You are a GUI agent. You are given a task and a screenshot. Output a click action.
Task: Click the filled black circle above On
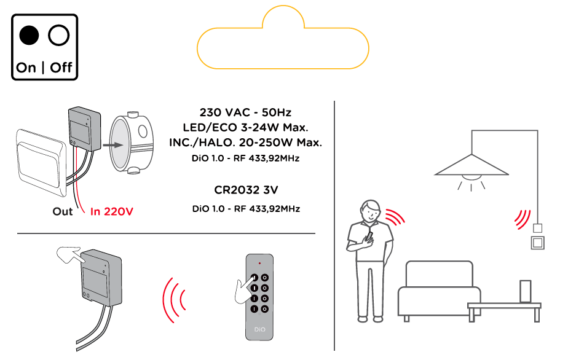(28, 36)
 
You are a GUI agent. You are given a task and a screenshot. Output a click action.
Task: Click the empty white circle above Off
(60, 36)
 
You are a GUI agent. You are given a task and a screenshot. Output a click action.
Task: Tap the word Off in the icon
(61, 67)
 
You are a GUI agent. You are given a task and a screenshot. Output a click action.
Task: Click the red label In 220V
(112, 212)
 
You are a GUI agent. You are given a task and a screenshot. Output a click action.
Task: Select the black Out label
(63, 212)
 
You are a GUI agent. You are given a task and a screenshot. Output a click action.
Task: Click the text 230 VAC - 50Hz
(245, 113)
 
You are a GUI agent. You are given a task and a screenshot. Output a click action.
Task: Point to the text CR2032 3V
(245, 189)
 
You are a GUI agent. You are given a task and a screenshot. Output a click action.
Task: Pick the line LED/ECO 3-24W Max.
(245, 128)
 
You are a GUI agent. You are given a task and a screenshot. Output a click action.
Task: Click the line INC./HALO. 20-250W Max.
(245, 143)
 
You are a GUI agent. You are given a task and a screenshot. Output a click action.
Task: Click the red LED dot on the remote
(259, 263)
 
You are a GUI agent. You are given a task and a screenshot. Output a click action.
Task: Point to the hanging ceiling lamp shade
(471, 165)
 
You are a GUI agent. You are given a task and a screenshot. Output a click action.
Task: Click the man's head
(371, 212)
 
